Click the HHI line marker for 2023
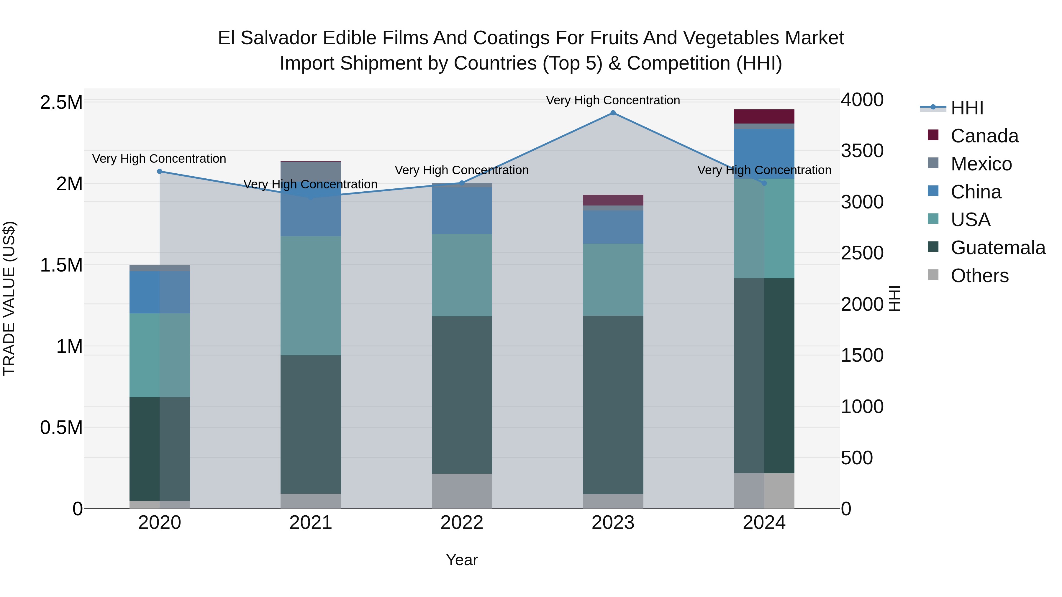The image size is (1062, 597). point(613,113)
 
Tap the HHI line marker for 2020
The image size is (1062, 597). point(160,171)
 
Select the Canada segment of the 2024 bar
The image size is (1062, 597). point(764,116)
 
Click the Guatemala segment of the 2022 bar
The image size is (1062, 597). point(462,395)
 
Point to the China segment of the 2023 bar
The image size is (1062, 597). point(613,227)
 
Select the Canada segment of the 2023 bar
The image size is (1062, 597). point(613,200)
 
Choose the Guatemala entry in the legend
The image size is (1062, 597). point(998,248)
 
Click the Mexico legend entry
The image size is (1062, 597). point(981,164)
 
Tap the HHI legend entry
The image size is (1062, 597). point(967,108)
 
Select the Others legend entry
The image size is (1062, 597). point(979,276)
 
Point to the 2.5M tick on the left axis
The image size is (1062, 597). point(61,103)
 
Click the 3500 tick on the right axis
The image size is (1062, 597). point(862,151)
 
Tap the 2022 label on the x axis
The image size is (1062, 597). point(462,523)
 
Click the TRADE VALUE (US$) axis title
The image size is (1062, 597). point(9,298)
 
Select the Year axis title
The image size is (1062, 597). point(462,560)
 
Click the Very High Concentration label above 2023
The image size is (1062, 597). point(613,100)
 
